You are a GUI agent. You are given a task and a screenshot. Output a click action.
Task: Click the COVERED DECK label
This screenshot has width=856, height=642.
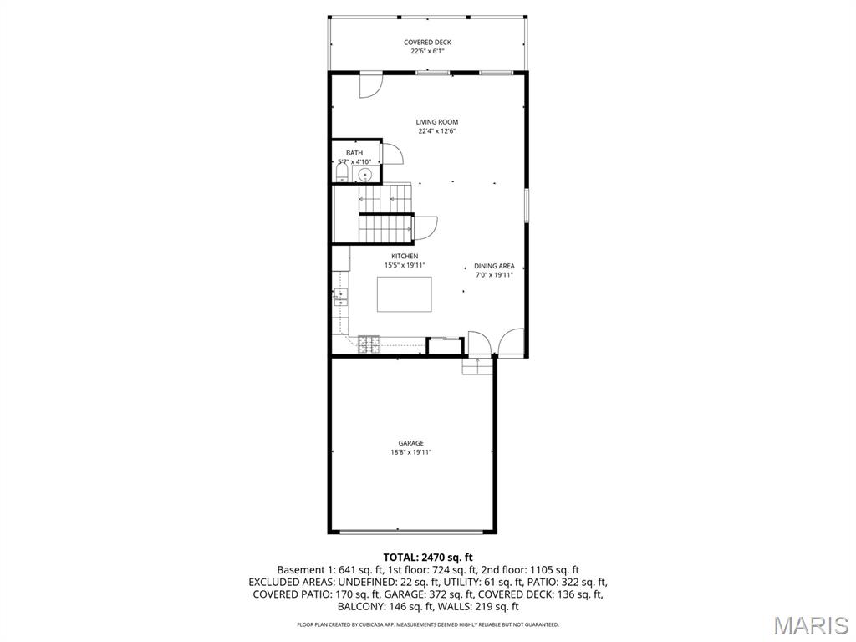click(427, 42)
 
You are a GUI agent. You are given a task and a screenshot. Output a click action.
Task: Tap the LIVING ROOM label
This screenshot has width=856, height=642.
click(437, 122)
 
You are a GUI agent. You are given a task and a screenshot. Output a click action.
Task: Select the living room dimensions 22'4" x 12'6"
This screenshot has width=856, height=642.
click(437, 131)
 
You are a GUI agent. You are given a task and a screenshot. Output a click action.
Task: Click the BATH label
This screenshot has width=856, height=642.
click(354, 153)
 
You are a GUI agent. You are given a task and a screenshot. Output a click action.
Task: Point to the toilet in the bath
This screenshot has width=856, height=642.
click(341, 174)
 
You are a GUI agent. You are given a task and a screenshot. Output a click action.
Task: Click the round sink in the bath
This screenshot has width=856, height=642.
click(364, 174)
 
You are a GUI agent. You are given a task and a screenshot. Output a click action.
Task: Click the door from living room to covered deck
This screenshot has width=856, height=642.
click(370, 84)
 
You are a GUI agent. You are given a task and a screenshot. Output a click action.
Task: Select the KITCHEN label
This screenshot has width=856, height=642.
click(405, 256)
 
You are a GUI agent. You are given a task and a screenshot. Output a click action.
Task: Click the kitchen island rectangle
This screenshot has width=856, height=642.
click(404, 293)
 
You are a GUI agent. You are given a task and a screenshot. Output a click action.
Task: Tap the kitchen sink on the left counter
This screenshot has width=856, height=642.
click(340, 295)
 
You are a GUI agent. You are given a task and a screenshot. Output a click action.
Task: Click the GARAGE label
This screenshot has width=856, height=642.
click(410, 443)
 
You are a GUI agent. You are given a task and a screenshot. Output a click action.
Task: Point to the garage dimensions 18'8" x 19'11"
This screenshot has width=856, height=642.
click(410, 452)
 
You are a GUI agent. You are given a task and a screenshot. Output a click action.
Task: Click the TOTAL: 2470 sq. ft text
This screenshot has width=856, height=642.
click(428, 557)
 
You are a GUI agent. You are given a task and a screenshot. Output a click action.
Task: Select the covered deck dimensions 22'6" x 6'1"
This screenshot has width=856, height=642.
click(427, 51)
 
